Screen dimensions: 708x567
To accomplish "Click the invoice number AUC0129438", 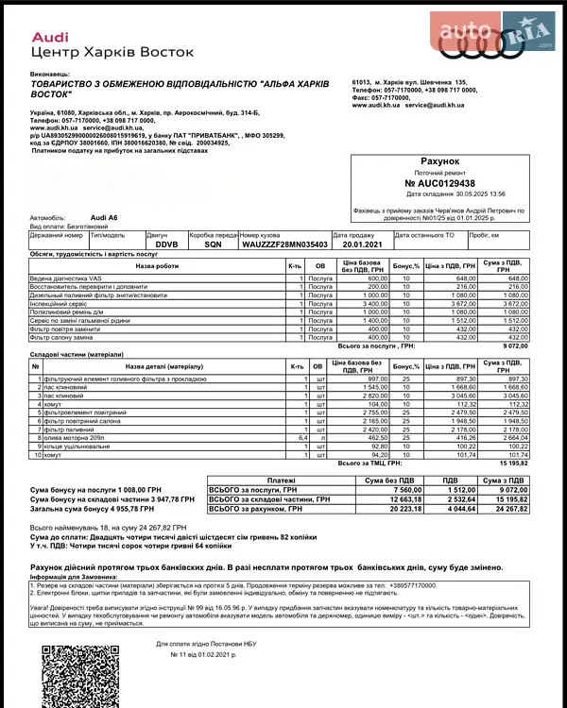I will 440,183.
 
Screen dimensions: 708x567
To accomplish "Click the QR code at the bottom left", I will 70,674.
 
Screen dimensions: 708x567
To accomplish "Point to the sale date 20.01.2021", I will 363,244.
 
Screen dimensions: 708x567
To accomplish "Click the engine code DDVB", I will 166,244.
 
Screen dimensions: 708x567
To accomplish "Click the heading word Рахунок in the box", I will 439,161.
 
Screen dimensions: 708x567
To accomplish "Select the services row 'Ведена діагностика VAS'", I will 66,279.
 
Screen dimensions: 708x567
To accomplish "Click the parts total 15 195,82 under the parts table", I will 508,464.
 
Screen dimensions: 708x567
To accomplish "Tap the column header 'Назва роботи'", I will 156,266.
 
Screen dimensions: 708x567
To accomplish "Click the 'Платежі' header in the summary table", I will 282,480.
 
